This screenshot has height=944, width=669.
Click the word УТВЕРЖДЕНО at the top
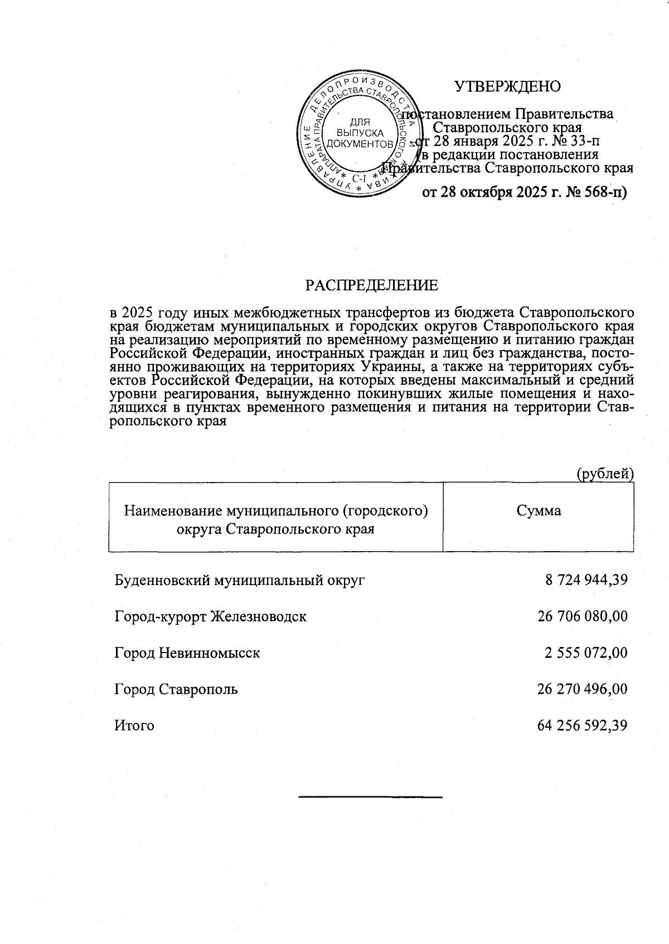pos(507,86)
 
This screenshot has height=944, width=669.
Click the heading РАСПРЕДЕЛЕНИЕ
pos(371,285)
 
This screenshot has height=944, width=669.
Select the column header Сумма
pos(539,510)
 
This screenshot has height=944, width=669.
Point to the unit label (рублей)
pos(605,474)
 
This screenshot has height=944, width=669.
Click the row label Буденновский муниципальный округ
pos(240,580)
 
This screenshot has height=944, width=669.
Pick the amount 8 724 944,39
pos(586,580)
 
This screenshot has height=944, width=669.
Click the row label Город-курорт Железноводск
pos(211,616)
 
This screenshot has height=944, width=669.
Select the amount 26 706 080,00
pos(583,616)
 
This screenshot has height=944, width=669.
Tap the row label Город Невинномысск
pos(187,653)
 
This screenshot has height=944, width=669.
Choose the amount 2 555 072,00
pos(586,653)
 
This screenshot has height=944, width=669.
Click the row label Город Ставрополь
pos(176,689)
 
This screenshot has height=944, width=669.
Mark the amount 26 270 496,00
pos(583,689)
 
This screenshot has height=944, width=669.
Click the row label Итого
pos(134,726)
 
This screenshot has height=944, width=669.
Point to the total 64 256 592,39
pos(583,726)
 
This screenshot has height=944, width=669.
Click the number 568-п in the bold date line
pos(605,192)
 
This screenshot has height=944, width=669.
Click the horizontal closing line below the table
pos(371,797)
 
